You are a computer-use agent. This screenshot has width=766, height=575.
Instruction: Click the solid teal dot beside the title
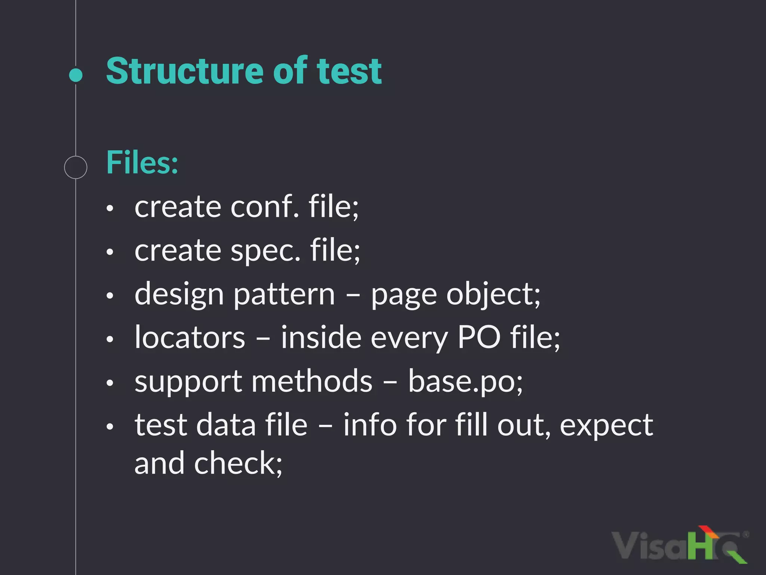click(76, 75)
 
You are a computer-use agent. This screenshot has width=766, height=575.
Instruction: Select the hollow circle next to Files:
click(76, 167)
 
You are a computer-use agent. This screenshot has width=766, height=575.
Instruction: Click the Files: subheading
click(142, 162)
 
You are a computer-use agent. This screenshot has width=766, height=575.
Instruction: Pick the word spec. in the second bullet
click(266, 250)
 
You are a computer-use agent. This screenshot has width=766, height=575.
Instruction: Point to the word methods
click(312, 381)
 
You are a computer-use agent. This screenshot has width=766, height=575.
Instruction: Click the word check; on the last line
click(238, 463)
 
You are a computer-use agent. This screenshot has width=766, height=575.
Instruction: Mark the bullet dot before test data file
click(110, 426)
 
